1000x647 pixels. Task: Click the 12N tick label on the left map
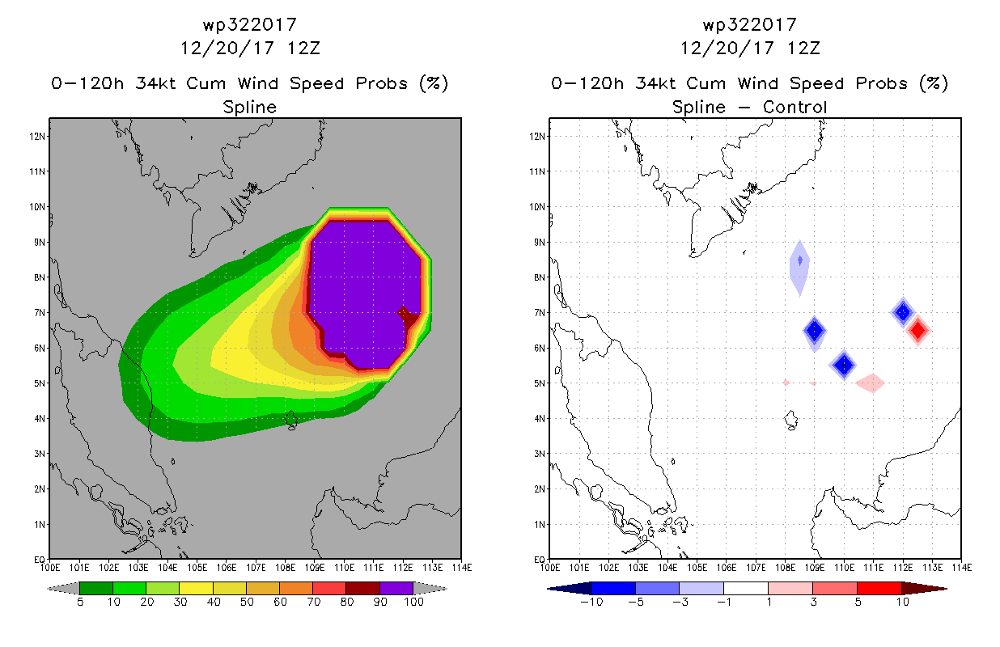pyautogui.click(x=37, y=136)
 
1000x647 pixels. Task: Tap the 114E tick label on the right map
pyautogui.click(x=962, y=568)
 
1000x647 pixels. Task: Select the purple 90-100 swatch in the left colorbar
pyautogui.click(x=396, y=588)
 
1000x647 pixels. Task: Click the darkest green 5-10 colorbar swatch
pyautogui.click(x=96, y=588)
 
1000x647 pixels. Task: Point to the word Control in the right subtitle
pyautogui.click(x=794, y=107)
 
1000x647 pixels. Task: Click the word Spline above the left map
pyautogui.click(x=249, y=107)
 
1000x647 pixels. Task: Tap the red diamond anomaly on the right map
pyautogui.click(x=917, y=330)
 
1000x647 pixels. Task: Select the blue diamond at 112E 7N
pyautogui.click(x=903, y=312)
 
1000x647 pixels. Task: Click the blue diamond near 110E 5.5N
pyautogui.click(x=844, y=365)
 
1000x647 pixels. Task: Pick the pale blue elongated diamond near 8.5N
pyautogui.click(x=799, y=268)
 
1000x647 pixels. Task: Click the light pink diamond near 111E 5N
pyautogui.click(x=870, y=383)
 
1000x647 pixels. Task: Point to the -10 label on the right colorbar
pyautogui.click(x=591, y=602)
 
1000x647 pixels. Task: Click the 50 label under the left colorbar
pyautogui.click(x=247, y=602)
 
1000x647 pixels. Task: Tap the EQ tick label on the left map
pyautogui.click(x=40, y=559)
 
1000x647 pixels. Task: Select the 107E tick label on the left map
pyautogui.click(x=256, y=568)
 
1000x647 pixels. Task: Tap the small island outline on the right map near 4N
pyautogui.click(x=791, y=421)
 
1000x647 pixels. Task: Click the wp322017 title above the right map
pyautogui.click(x=750, y=25)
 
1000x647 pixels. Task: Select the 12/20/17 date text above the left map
pyautogui.click(x=227, y=48)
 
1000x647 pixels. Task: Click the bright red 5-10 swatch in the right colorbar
pyautogui.click(x=879, y=588)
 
